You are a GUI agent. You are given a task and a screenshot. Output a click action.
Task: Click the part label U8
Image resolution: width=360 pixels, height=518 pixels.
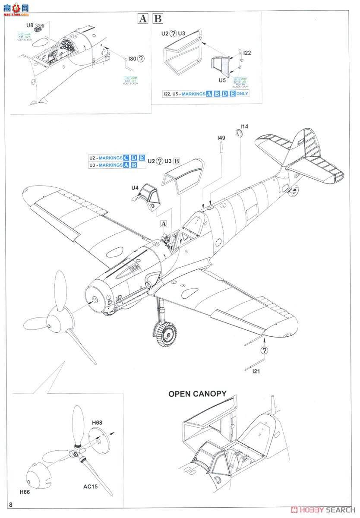click(30, 26)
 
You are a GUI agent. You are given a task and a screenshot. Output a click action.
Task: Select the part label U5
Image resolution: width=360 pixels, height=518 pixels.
click(222, 80)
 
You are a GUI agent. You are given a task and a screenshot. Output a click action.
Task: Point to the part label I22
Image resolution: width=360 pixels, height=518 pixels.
click(247, 53)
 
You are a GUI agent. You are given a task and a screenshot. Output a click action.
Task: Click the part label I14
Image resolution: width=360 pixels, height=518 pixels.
click(244, 126)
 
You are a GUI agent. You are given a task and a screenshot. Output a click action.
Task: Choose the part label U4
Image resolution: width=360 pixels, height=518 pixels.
click(135, 188)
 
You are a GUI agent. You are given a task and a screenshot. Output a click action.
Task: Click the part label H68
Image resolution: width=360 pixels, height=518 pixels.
click(98, 424)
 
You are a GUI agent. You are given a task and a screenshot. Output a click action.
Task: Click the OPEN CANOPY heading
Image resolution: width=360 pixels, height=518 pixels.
click(197, 394)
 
